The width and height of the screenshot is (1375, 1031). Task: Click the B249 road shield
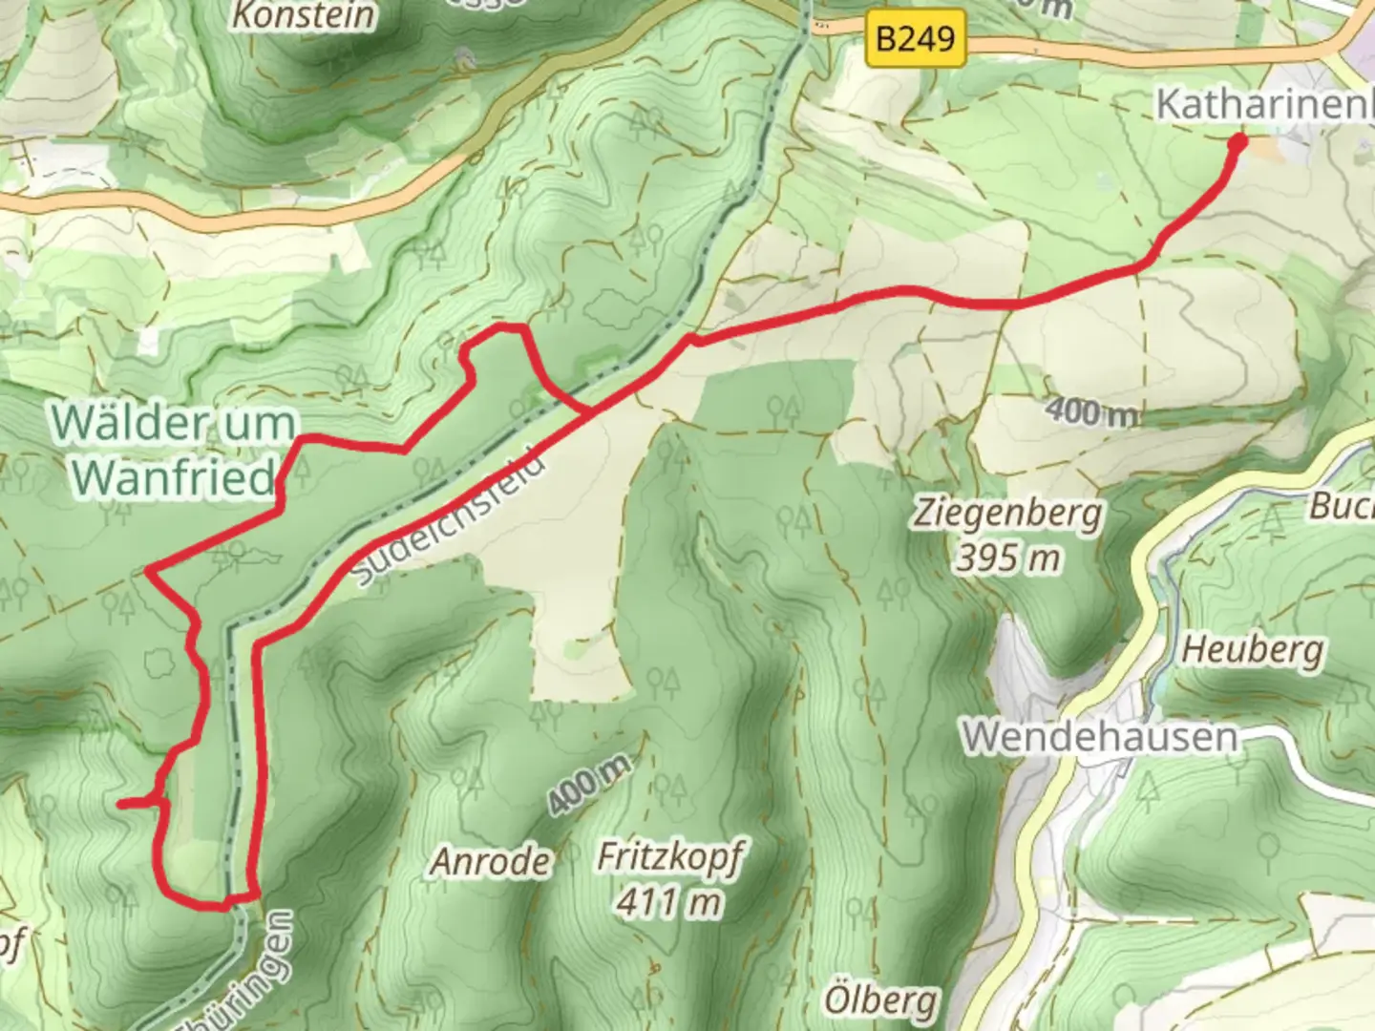tap(914, 39)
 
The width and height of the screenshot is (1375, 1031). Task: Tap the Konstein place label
tap(304, 15)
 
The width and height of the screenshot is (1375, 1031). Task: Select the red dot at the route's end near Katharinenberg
tap(1238, 143)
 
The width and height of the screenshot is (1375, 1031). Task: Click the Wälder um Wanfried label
tap(174, 449)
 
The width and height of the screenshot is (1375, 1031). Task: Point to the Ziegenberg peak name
tap(1007, 513)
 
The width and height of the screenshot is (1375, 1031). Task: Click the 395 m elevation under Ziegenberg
tap(1007, 557)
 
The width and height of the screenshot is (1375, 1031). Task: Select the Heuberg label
tap(1253, 651)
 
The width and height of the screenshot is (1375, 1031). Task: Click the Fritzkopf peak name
tap(669, 857)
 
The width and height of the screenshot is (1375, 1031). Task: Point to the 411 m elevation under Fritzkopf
tap(669, 900)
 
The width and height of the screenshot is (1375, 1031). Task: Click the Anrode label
tap(491, 862)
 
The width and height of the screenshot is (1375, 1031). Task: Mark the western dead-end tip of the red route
tap(120, 805)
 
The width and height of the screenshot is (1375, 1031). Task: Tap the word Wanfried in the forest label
tap(174, 475)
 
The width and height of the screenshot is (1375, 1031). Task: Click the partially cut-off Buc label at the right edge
tap(1341, 505)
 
